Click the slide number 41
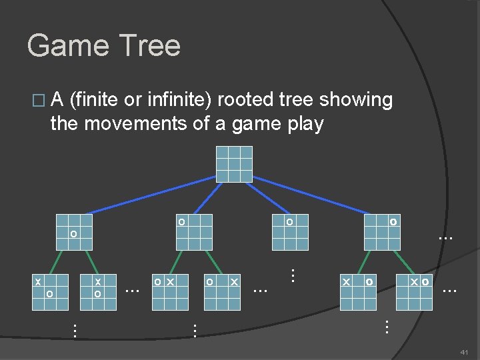click(x=465, y=351)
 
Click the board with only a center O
click(x=73, y=232)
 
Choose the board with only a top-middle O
click(x=290, y=232)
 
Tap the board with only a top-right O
click(x=381, y=232)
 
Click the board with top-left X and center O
click(x=52, y=292)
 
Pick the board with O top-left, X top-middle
click(x=169, y=292)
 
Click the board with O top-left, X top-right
click(x=222, y=292)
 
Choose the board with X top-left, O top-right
click(x=358, y=292)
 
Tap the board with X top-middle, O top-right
click(x=414, y=292)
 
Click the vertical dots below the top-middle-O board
click(x=291, y=273)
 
